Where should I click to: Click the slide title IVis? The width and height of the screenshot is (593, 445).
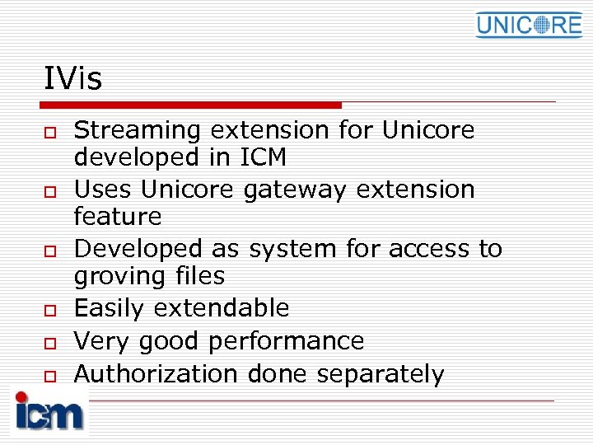(73, 80)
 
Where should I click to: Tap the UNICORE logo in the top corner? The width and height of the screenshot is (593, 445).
(528, 25)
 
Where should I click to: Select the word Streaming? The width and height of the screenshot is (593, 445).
(138, 131)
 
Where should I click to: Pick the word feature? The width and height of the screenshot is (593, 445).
(118, 217)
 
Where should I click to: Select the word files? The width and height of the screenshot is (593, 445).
(195, 276)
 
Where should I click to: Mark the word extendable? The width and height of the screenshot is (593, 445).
(222, 308)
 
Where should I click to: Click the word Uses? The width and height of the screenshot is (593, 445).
(104, 190)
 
